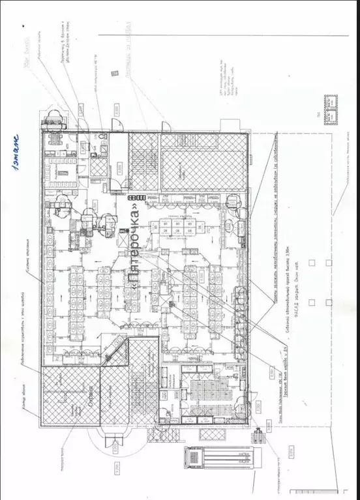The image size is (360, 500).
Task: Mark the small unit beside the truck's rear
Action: (x=260, y=436)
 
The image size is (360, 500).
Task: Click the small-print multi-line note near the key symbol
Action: (x=228, y=81)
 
